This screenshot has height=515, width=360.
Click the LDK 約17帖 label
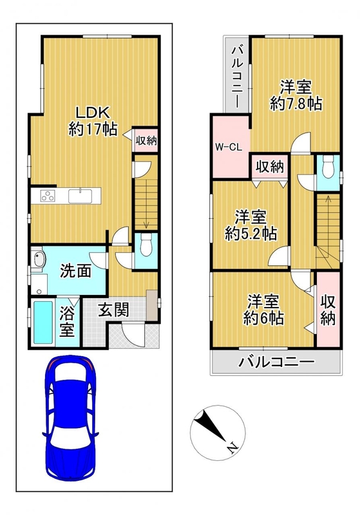click(93, 121)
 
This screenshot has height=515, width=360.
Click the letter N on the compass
click(232, 447)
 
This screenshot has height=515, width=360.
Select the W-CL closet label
click(229, 147)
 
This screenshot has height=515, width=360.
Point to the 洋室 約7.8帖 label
click(296, 95)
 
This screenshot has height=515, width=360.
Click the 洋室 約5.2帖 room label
click(251, 226)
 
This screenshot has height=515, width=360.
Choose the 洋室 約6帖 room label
click(264, 310)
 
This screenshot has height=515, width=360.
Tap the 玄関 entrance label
click(113, 310)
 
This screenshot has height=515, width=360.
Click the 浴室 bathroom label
click(67, 322)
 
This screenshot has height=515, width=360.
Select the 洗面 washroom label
click(75, 271)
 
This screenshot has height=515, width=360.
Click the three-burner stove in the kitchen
click(48, 196)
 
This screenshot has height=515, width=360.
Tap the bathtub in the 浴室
click(43, 323)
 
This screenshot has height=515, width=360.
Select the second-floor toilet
click(328, 167)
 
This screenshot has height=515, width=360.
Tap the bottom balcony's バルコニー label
click(276, 362)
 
